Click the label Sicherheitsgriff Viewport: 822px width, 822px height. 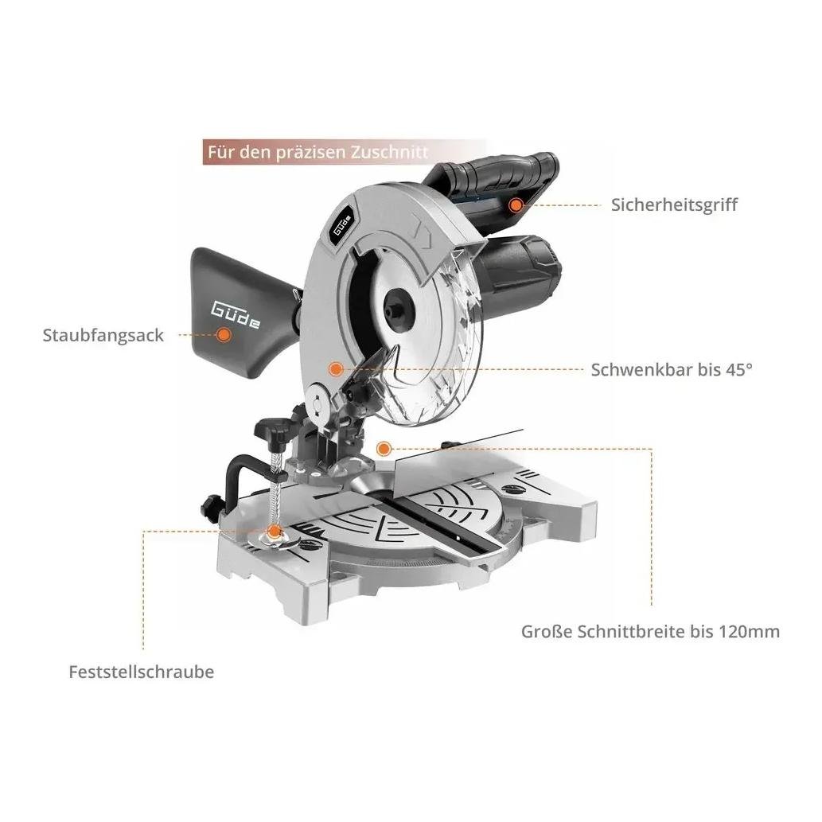674,205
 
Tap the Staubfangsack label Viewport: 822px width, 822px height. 103,336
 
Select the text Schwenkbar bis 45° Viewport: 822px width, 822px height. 672,369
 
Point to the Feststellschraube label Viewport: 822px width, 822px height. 142,672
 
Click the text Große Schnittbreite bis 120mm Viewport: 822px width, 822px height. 650,631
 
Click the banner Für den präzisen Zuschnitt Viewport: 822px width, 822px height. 344,152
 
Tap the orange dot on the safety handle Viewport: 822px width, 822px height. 516,205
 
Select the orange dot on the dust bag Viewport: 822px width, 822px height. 224,335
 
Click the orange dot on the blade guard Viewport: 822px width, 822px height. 336,369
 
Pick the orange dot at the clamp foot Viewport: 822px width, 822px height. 274,532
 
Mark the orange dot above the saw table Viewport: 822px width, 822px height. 384,449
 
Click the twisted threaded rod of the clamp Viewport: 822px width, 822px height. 275,488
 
